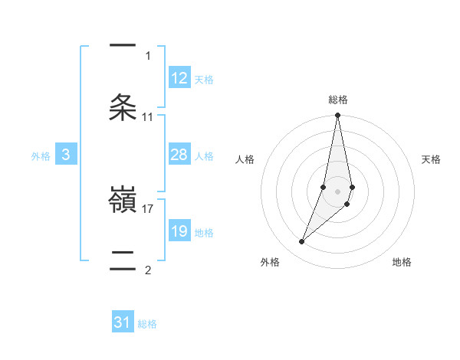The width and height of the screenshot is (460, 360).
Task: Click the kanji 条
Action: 123,106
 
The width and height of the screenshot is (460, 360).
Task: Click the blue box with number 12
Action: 179,78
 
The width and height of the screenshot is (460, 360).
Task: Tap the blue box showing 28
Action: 179,155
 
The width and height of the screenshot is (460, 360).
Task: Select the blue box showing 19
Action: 179,231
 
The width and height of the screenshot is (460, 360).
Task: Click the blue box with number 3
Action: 66,155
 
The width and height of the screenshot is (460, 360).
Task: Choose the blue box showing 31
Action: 123,322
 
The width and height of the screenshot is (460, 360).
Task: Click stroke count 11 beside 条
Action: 148,117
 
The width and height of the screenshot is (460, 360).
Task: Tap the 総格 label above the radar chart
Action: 338,100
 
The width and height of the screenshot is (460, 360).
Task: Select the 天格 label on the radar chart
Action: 431,159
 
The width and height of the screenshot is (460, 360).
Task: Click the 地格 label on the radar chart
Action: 402,262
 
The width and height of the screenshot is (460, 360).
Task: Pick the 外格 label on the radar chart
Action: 270,262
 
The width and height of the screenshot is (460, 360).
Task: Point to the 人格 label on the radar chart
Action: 245,159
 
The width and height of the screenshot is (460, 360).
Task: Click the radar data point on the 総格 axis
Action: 338,116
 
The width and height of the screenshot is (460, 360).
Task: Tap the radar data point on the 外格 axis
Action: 301,242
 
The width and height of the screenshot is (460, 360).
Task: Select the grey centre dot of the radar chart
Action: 338,191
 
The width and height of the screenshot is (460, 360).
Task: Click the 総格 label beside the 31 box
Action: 147,324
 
